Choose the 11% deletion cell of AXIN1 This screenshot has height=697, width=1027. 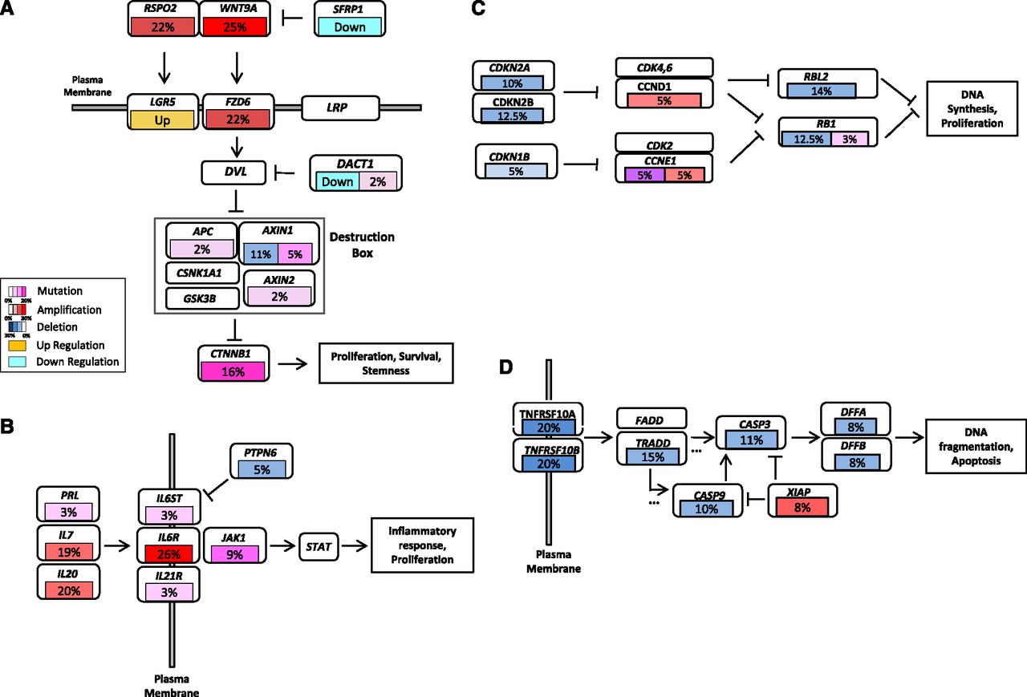(x=258, y=255)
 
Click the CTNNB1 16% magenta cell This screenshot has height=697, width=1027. (x=233, y=371)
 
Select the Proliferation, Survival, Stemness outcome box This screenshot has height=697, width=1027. (x=386, y=363)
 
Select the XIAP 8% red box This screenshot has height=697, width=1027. (x=802, y=507)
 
